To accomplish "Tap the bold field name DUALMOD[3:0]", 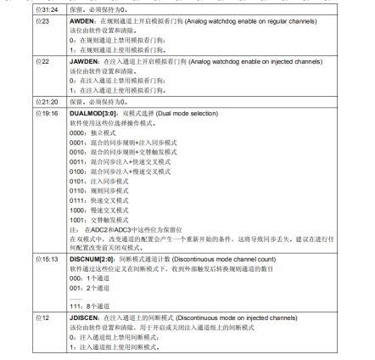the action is pos(89,112).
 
